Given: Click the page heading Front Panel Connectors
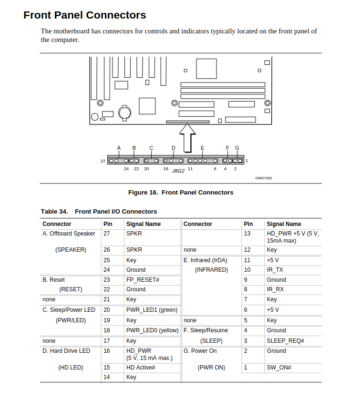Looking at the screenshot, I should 84,15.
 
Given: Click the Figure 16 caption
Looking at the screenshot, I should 181,193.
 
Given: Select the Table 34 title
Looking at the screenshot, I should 99,212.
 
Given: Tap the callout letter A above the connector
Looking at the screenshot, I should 119,148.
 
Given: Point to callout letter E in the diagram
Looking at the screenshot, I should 202,148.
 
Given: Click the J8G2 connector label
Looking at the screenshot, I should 178,171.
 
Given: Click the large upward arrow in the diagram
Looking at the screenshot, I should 188,138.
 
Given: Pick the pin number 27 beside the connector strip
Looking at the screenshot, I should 103,161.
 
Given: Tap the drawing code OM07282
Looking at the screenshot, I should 264,178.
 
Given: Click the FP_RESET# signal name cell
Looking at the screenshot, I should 143,280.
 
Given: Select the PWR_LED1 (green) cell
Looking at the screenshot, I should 152,310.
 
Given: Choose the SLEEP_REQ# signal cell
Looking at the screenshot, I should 285,341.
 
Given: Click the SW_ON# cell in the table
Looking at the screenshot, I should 279,368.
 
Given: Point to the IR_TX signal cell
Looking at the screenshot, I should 275,270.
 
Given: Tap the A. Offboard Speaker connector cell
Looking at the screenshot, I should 69,234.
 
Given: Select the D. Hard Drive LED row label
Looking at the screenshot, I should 66,351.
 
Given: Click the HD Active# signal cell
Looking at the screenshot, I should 141,368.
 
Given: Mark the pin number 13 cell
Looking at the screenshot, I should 247,234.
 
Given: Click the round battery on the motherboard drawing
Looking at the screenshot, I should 125,112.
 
